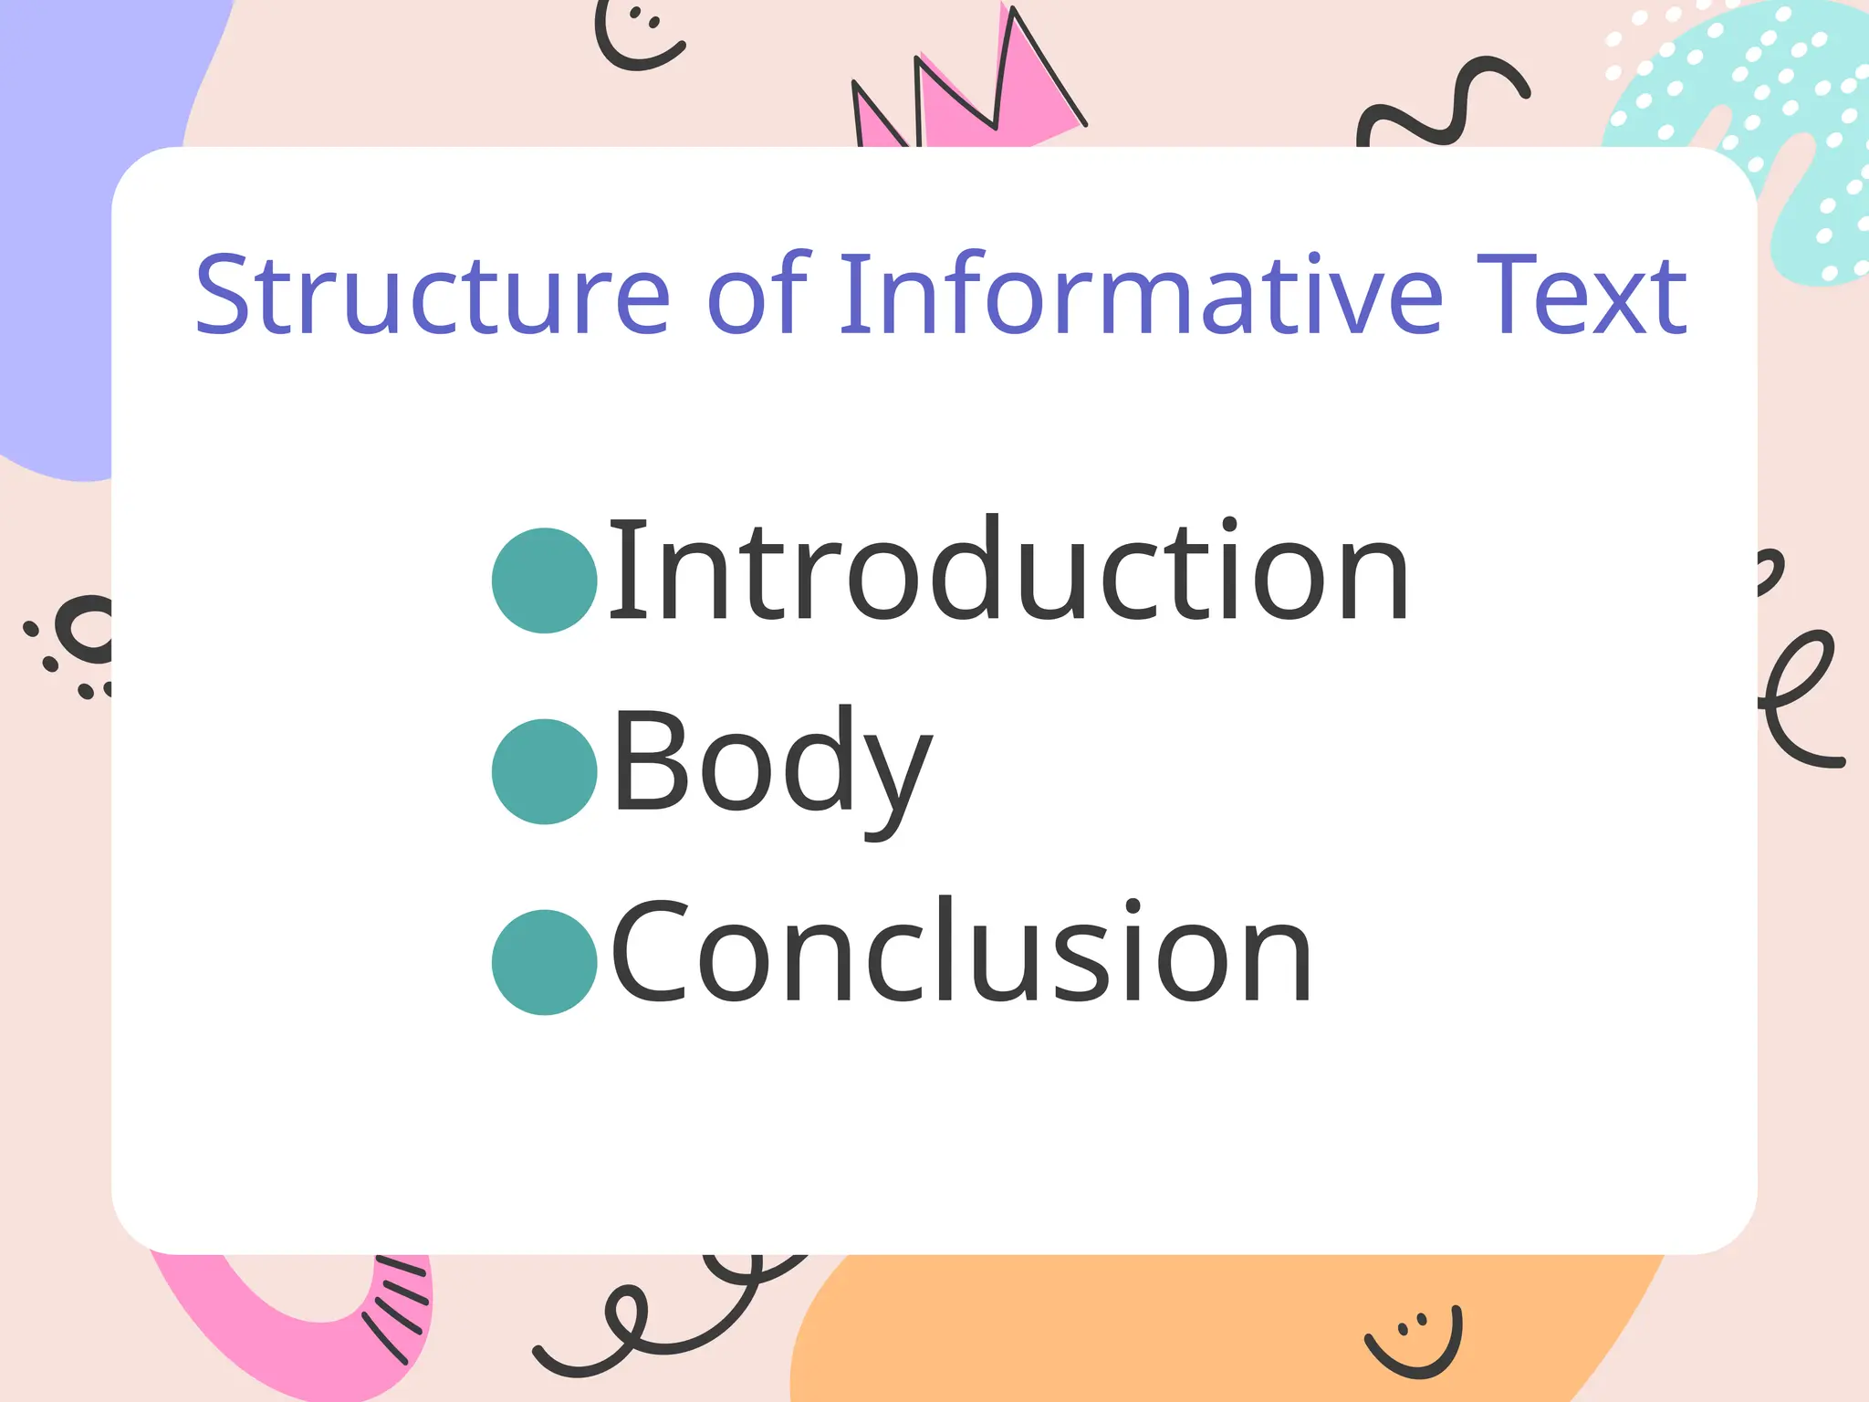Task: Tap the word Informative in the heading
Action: click(1140, 294)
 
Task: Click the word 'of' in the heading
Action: click(757, 294)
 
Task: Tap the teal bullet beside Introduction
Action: click(544, 581)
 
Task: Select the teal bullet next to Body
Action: click(544, 771)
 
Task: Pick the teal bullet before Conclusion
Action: click(544, 962)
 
